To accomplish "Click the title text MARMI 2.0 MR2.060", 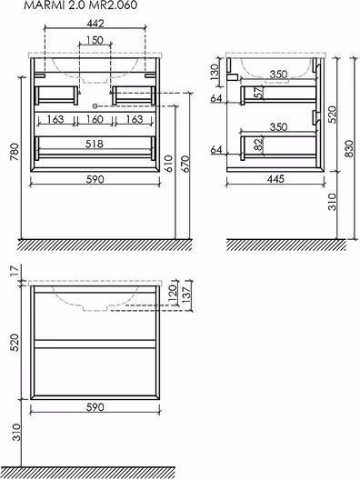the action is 81,5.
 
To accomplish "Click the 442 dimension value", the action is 95,24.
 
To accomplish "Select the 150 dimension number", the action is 95,40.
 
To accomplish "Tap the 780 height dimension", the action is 15,152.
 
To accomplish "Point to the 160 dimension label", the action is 95,119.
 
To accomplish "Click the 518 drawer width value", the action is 95,144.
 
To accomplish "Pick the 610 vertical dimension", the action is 169,164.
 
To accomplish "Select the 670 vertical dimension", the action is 185,164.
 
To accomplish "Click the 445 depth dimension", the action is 275,179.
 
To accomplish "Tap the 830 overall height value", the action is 349,149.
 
